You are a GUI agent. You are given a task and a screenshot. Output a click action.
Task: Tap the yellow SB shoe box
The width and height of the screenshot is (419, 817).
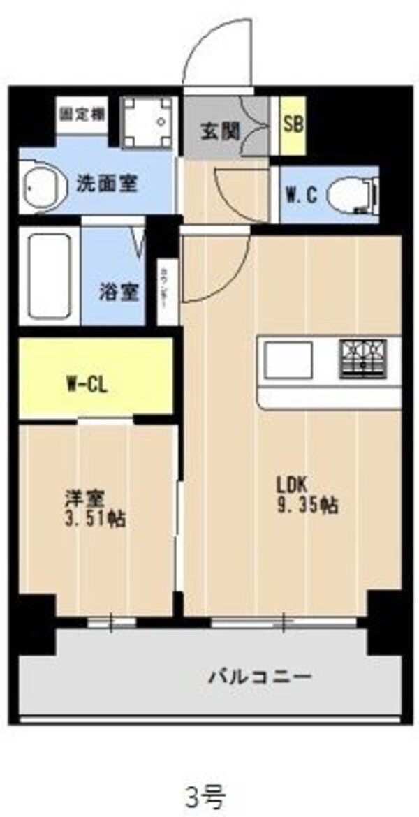(x=293, y=126)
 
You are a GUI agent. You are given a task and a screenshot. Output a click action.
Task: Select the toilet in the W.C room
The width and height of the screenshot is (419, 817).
(x=353, y=192)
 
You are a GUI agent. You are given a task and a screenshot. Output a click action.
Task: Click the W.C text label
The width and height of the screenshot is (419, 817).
(x=301, y=195)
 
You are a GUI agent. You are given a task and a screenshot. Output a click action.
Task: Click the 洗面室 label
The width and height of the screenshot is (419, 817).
(x=106, y=184)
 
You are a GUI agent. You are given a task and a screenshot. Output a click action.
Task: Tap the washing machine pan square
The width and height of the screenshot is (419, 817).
(x=147, y=122)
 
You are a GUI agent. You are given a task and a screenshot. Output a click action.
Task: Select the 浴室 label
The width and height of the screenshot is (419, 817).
(x=122, y=291)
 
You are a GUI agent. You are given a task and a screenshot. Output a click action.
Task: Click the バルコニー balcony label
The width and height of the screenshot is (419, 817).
(x=259, y=677)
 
